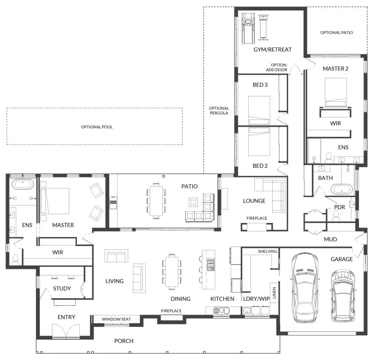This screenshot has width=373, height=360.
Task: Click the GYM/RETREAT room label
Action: pos(273,50)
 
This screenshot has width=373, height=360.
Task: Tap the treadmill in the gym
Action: pos(248,28)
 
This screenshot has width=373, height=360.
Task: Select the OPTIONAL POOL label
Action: pos(97,127)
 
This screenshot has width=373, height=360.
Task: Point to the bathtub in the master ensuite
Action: pos(23,185)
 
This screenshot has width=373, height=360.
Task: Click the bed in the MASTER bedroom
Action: pos(55,201)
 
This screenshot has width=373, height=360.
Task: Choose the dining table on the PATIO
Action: pos(156,201)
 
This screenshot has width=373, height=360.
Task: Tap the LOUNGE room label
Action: pos(254,201)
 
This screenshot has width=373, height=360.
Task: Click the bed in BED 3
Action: pos(259,110)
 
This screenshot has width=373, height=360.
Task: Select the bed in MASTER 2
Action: pos(336,92)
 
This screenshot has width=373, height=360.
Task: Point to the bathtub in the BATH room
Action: pos(342,189)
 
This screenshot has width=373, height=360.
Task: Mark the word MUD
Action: pos(330,239)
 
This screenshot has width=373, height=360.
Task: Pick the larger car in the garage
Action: pos(305,288)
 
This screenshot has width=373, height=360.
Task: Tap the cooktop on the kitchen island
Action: pos(211,264)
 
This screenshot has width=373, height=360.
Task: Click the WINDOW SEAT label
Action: pos(116,319)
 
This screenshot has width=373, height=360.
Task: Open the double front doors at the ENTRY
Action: pos(66,331)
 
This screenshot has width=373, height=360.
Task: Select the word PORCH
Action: pos(124,341)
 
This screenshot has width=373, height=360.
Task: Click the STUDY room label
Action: pos(62,289)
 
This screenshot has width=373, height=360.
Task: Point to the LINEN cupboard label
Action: pos(274,293)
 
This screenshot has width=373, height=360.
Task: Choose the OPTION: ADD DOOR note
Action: pos(276,67)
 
